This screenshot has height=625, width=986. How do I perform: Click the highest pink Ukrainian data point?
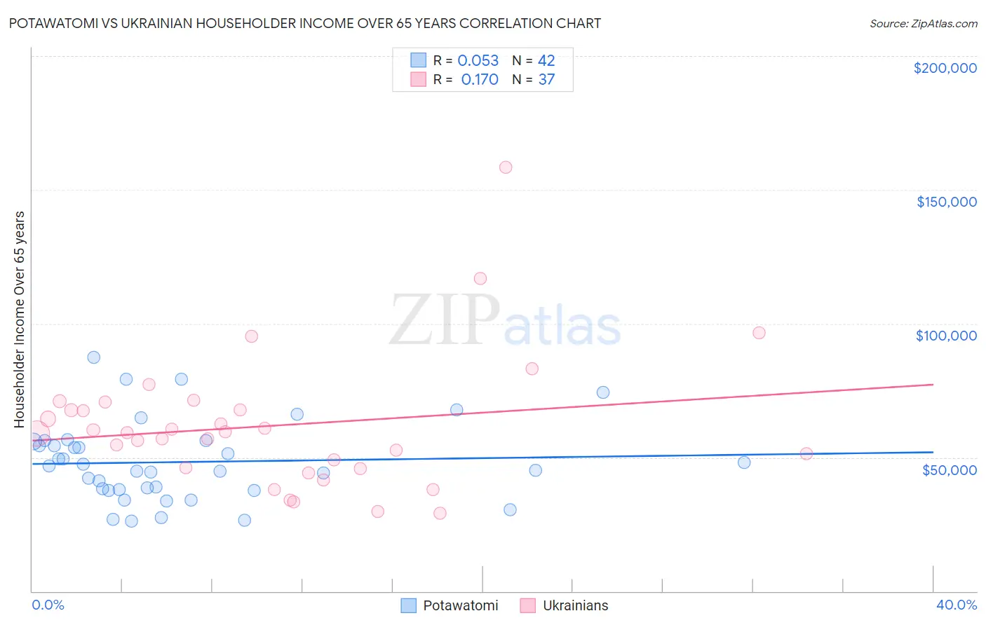pos(506,167)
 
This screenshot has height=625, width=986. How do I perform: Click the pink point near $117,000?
pos(480,278)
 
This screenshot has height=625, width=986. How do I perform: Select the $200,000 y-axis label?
pos(945,68)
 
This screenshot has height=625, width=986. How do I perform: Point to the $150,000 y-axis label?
pos(946,202)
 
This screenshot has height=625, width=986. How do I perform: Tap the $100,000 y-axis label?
pos(946,336)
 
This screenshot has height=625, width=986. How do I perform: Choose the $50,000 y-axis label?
pos(949,469)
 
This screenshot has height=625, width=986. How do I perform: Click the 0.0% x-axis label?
pos(48,605)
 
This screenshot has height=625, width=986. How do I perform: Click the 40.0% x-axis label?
pos(956,605)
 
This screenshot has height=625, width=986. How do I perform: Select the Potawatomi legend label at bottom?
pos(460,605)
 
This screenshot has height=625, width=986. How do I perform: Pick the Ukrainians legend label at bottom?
pos(575,605)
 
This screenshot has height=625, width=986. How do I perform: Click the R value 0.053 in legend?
pos(478,61)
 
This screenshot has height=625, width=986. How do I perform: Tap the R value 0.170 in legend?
pos(480,80)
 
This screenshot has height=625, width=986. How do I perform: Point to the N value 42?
pos(546,61)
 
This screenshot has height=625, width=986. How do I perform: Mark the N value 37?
pos(546,80)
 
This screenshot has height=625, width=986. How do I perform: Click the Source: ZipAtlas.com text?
pos(923,24)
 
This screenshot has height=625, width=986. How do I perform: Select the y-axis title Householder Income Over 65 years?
pos(20,319)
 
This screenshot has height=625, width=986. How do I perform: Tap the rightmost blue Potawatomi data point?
pos(744,462)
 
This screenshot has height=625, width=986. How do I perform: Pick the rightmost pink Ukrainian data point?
pos(806,454)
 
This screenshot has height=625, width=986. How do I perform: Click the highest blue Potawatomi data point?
pos(94,357)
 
